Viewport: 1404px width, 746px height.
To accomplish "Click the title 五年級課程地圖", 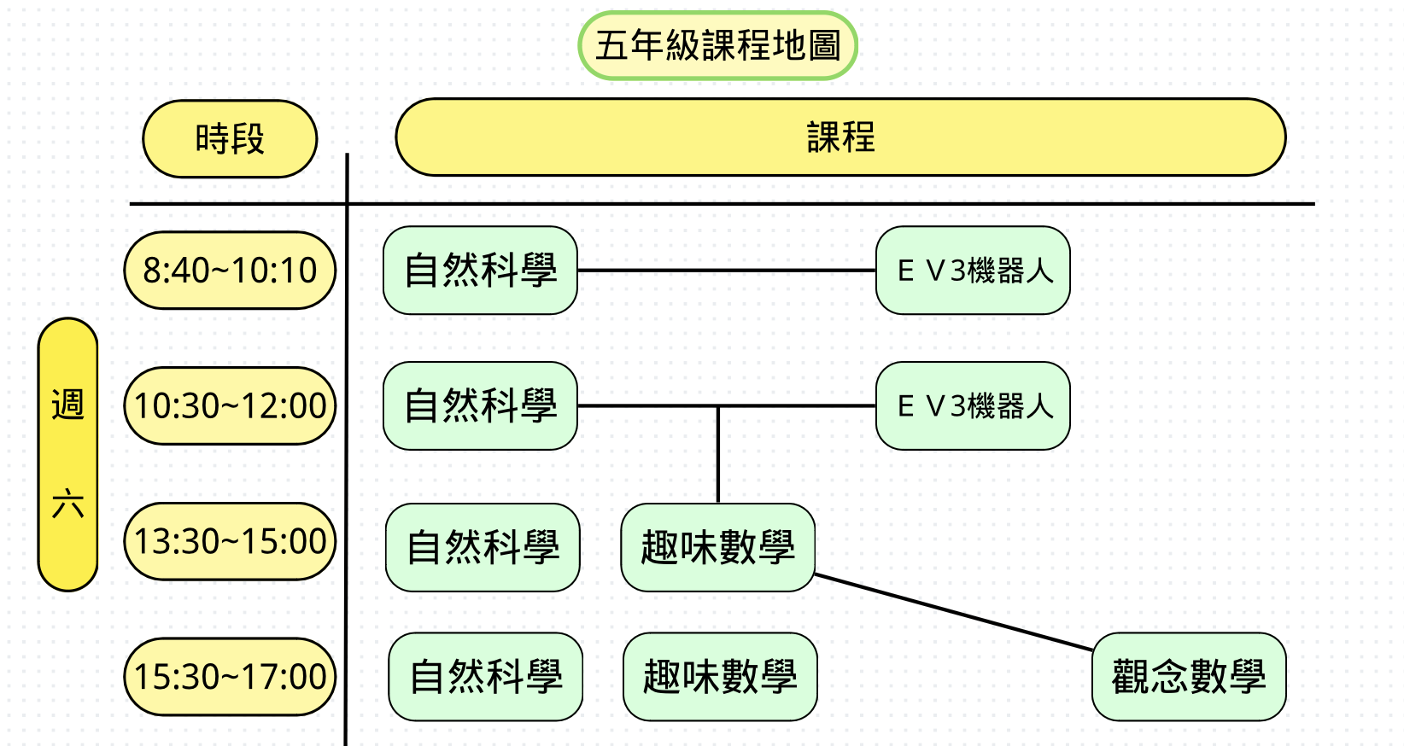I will click(x=717, y=46).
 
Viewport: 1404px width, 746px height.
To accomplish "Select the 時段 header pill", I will click(x=230, y=139).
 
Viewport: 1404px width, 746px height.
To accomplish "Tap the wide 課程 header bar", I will click(x=840, y=137).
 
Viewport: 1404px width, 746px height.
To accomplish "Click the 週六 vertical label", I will click(x=68, y=454).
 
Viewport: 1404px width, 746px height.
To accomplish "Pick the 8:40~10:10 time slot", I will click(x=230, y=271).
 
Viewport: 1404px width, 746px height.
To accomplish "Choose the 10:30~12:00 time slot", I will click(x=230, y=406).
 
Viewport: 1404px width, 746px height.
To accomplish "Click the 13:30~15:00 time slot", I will click(x=230, y=542).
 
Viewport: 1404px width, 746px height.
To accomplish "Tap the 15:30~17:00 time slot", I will click(x=230, y=677).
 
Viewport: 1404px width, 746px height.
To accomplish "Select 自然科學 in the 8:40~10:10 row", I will click(x=480, y=271).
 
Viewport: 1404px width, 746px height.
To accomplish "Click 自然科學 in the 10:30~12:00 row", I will click(x=480, y=406).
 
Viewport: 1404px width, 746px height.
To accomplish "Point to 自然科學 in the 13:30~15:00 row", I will click(x=483, y=547).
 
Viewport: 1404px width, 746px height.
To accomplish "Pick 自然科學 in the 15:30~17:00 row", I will click(x=485, y=677).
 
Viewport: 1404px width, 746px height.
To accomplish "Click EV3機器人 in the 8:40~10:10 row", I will click(x=973, y=271).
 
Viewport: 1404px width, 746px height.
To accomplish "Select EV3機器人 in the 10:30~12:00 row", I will click(x=973, y=406).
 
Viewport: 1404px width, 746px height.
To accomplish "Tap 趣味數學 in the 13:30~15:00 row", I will click(x=717, y=547).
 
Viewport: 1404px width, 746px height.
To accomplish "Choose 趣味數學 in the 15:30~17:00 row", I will click(x=720, y=677).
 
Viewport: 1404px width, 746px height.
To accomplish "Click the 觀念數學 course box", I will click(x=1189, y=677).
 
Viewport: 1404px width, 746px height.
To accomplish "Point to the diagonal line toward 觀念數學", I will click(x=954, y=612).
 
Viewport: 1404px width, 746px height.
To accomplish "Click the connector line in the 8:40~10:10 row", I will click(x=726, y=271).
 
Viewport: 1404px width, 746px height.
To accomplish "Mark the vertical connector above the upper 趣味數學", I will click(x=718, y=455).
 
